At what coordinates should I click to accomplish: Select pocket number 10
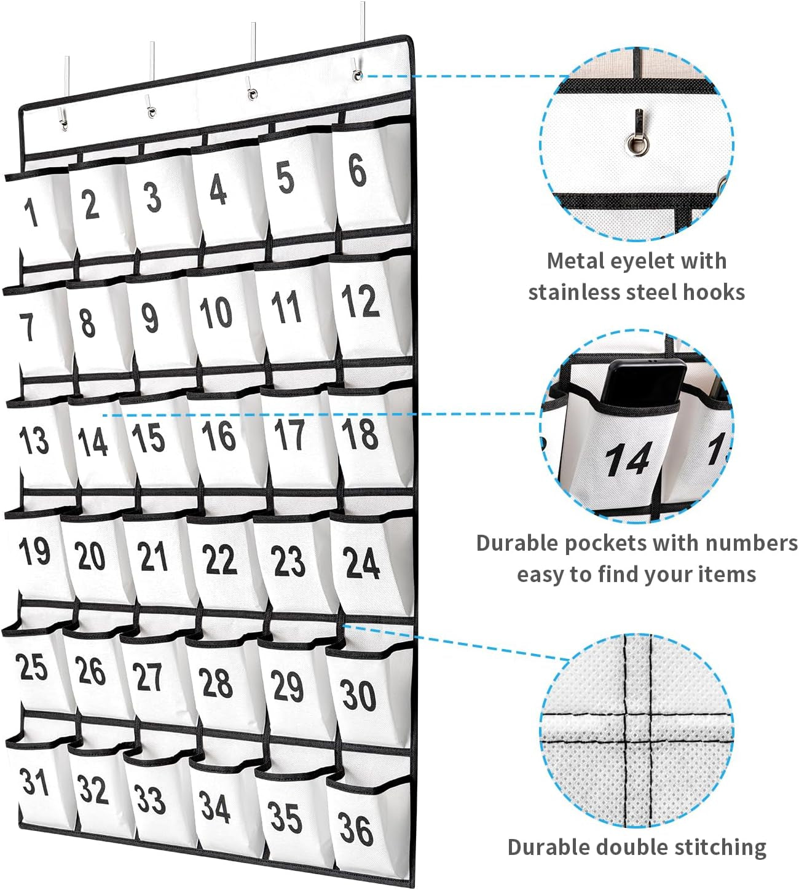pos(216,312)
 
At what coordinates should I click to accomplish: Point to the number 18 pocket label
pos(360,433)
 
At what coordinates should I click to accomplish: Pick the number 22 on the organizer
pos(219,559)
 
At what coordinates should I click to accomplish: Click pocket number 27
pos(148,677)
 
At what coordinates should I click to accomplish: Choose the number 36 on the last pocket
pos(356,830)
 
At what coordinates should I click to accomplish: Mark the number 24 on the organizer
pos(361,562)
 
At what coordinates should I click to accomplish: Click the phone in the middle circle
pos(644,385)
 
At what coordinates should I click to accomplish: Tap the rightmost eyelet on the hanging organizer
pos(357,75)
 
